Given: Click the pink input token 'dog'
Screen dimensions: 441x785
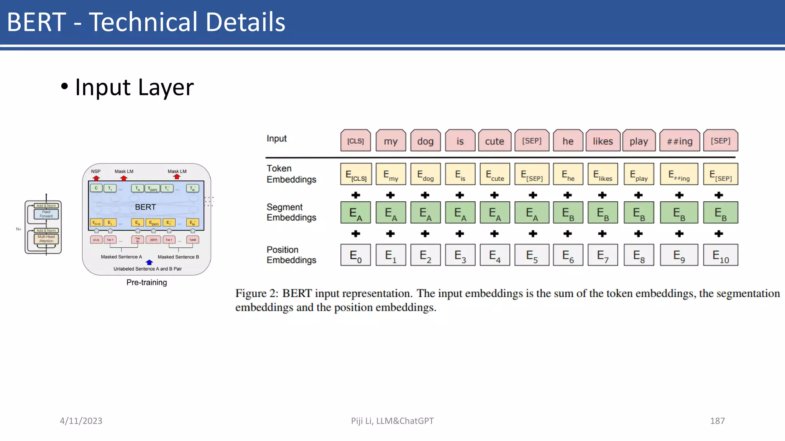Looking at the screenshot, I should (425, 141).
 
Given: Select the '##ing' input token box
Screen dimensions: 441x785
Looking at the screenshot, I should (680, 141).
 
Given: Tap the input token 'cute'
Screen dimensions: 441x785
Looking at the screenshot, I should (494, 141).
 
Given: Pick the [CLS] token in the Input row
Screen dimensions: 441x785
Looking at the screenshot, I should (356, 141).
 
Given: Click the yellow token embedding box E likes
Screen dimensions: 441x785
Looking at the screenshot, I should (603, 175).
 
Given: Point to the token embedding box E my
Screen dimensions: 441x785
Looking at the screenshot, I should (391, 175).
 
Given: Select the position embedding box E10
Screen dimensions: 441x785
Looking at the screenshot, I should (720, 255).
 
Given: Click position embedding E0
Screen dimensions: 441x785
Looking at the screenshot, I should (356, 255).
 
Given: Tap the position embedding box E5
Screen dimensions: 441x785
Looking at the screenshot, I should (532, 255).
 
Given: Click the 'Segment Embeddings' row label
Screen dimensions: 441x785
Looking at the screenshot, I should (291, 212).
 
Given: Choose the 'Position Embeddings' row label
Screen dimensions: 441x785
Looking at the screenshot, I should (291, 255).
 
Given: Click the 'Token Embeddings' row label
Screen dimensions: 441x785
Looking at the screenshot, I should (291, 174).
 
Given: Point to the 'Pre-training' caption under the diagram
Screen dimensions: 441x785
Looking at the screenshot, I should (147, 283).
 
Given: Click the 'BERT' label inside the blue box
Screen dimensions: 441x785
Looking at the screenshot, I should (145, 207).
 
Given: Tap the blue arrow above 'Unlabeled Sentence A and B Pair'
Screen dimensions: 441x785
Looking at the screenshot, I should (149, 263).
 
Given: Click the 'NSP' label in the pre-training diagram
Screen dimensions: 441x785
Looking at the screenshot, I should (96, 171).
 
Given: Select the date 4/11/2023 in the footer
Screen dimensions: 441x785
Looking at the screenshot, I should (81, 421).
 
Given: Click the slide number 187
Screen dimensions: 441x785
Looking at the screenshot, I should (717, 421).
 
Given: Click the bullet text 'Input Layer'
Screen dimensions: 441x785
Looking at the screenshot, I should (134, 87).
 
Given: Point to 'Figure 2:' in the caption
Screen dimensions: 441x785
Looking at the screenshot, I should (256, 294).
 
